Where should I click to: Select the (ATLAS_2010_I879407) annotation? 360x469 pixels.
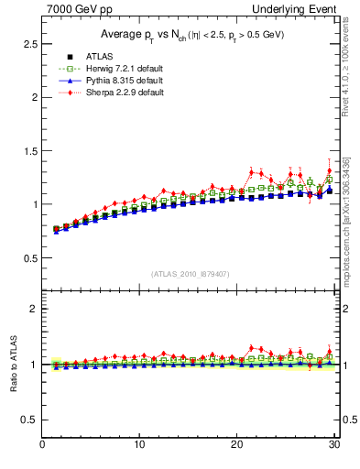190,273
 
